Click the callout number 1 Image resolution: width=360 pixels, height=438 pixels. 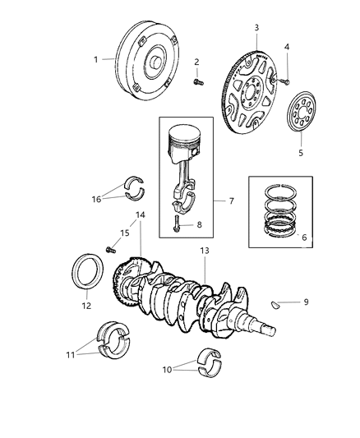pos(95,59)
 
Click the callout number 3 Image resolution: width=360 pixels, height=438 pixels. pos(256,28)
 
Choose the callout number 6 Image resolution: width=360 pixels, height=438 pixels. pos(304,237)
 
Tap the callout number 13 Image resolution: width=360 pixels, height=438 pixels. pos(204,250)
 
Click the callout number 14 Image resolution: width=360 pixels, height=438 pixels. pos(141,238)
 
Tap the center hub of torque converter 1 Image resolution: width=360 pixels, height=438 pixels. pos(155,62)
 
